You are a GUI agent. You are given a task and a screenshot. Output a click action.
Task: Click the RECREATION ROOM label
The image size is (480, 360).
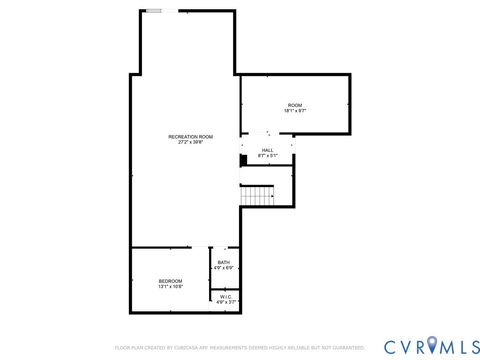point(190,136)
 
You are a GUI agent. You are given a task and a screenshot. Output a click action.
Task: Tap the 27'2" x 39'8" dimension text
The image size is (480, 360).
point(190,142)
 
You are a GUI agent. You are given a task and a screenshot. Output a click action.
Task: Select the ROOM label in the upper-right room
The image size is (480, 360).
point(295,105)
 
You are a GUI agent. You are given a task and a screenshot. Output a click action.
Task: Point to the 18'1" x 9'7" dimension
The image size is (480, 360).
point(295,111)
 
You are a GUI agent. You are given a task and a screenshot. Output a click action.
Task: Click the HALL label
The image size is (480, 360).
point(268,150)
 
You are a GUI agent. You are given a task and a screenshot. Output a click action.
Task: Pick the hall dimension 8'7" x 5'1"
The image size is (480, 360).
point(268,156)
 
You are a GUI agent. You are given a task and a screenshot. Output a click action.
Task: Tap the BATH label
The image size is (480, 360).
point(223,262)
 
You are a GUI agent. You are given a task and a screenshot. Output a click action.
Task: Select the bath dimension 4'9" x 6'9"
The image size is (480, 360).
point(223,268)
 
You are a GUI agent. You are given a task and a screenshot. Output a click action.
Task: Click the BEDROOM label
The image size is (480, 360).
point(170,281)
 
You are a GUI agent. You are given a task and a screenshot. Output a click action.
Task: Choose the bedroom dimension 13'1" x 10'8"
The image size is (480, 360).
point(170,287)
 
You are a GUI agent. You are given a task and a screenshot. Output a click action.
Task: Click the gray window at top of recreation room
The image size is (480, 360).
point(154,11)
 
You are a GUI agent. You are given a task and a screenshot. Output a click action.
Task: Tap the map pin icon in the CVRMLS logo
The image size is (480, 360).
point(432,346)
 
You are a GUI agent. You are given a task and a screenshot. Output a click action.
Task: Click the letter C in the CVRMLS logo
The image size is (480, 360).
point(391,346)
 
